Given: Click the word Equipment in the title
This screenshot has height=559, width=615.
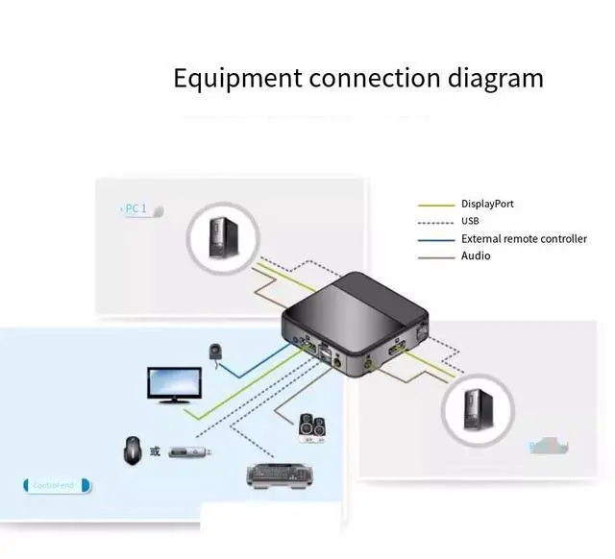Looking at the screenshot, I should pos(236,78).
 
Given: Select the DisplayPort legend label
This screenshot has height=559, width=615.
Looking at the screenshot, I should pos(487,204).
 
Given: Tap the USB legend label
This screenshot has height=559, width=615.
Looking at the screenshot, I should pos(471,221).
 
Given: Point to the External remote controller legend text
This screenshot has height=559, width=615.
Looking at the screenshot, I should pos(524,238).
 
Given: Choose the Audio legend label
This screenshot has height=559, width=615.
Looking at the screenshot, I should pos(476,255).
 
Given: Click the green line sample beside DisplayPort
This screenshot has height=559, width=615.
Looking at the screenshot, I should pos(435,205).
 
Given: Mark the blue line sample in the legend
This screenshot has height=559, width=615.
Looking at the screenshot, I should pos(435,239).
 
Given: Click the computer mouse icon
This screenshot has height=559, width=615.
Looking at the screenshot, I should pos(133,450).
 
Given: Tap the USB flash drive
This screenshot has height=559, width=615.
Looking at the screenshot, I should pos(189,450).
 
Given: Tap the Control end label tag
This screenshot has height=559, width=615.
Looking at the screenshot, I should pos(56,485).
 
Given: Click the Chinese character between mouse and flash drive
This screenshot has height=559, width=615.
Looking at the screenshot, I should pos(156,450).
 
